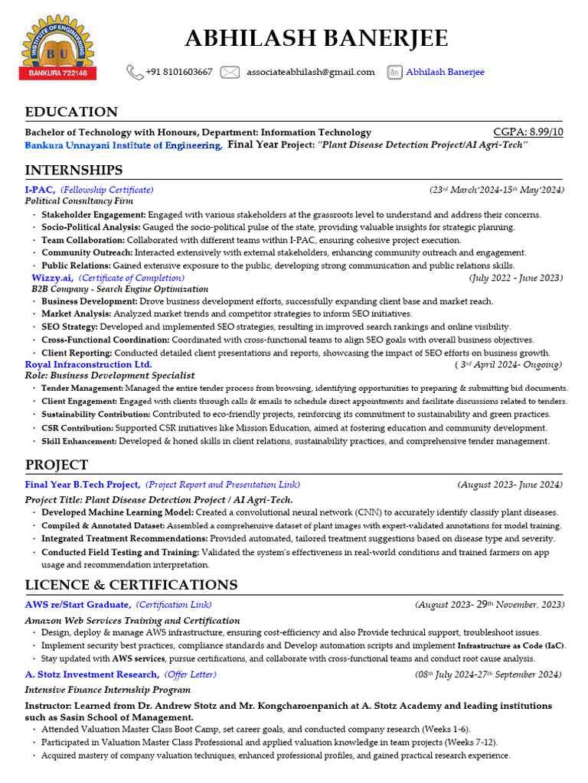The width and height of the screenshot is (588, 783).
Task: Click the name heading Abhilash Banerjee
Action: [316, 38]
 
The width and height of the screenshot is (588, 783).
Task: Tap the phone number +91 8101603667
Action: [179, 72]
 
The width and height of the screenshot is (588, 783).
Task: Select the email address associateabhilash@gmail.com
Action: [310, 72]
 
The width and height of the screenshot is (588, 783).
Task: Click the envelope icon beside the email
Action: [230, 72]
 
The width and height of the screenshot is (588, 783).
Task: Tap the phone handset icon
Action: [134, 72]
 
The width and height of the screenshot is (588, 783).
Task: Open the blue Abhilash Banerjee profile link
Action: [445, 72]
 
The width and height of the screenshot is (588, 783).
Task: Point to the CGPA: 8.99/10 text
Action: [528, 132]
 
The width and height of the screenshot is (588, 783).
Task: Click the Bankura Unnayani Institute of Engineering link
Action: [123, 145]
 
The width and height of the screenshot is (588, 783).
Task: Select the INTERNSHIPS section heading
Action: [73, 170]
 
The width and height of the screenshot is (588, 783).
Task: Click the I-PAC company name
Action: [40, 189]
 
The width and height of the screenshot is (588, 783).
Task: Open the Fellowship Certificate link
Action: [106, 189]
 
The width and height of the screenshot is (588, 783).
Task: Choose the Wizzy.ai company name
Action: [52, 278]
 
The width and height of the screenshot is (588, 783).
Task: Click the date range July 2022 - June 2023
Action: [516, 278]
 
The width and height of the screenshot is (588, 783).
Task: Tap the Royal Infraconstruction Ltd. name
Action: [88, 365]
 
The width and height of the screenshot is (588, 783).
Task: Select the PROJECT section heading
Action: [57, 465]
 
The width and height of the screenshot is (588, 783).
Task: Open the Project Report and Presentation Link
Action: [223, 484]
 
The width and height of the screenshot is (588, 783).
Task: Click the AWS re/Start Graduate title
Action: [77, 605]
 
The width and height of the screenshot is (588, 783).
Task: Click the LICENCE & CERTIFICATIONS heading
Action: [131, 585]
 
